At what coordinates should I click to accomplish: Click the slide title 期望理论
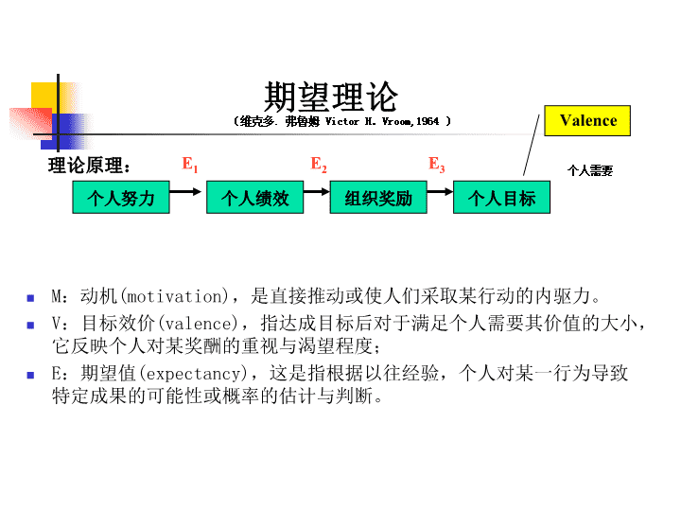(x=330, y=97)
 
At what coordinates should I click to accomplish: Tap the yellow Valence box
(x=587, y=120)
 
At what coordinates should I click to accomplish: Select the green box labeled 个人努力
(x=121, y=197)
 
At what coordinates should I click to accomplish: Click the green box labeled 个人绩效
(x=255, y=197)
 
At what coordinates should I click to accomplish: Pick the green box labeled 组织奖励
(x=378, y=197)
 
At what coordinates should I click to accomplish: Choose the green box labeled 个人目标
(x=501, y=197)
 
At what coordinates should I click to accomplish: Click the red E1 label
(x=190, y=165)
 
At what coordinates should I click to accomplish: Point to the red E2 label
(x=319, y=165)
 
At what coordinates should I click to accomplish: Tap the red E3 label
(x=436, y=165)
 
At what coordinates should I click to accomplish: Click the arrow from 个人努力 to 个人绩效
(x=185, y=191)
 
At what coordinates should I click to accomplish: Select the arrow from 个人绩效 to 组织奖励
(x=317, y=191)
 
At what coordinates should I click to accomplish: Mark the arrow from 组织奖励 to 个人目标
(x=440, y=191)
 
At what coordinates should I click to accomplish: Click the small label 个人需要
(x=590, y=170)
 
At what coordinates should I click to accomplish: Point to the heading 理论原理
(x=89, y=166)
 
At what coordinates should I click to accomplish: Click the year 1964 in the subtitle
(x=428, y=121)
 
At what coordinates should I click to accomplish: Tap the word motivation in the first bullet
(x=175, y=297)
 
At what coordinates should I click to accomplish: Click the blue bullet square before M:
(x=30, y=298)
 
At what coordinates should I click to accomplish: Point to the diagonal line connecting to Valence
(x=532, y=145)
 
